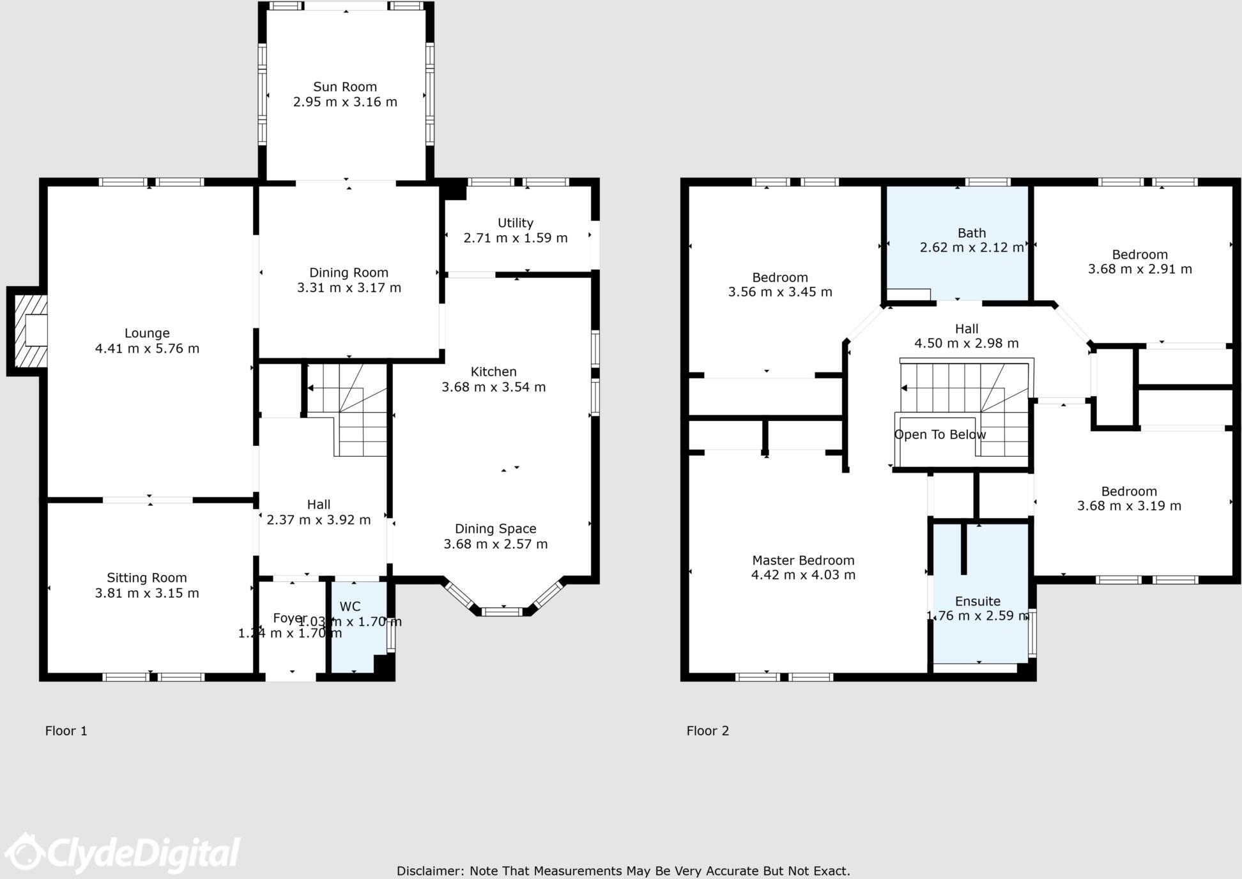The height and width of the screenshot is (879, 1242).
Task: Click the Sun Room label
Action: click(344, 87)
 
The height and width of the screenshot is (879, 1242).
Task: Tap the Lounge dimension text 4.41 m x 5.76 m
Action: click(147, 349)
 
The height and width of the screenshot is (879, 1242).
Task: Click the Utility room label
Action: click(515, 223)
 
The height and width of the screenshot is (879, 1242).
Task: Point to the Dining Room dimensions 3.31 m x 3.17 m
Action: click(349, 288)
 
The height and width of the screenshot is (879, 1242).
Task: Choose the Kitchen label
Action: click(493, 372)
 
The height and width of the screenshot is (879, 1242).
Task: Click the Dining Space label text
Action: click(495, 529)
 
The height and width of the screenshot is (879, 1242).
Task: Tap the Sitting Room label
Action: click(146, 578)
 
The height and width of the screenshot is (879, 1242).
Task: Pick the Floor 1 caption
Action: click(66, 731)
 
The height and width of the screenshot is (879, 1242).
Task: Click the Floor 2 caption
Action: click(707, 731)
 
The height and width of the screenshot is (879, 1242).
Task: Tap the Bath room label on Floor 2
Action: click(971, 233)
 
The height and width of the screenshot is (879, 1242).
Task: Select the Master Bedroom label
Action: click(802, 561)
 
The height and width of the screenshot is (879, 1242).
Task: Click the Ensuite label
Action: click(977, 601)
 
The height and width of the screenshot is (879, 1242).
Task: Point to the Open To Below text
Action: click(939, 435)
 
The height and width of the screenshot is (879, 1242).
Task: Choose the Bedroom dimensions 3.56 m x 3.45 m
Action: click(779, 293)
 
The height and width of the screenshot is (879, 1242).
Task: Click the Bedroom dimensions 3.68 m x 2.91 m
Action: click(1139, 270)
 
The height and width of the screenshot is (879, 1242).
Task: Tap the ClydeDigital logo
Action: click(121, 853)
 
